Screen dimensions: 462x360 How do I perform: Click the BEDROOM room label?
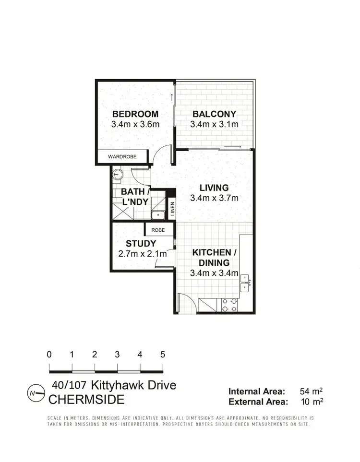pos(135,114)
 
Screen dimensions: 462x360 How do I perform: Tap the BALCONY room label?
pos(214,114)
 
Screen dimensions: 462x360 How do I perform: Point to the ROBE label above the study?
pos(158,230)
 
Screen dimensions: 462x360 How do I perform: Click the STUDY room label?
pos(141,243)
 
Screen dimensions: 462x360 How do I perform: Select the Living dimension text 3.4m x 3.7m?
pos(215,198)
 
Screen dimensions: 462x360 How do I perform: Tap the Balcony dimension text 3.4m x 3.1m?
pos(214,125)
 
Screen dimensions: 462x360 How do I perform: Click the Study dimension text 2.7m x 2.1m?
pos(143,254)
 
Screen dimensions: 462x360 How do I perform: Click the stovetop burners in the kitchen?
pos(228,304)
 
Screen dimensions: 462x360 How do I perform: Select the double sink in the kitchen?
pos(245,283)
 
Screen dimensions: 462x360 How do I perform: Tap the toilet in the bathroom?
pos(117,174)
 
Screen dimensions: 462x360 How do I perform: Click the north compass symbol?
pos(32,393)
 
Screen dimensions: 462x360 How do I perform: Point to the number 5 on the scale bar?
pos(163,355)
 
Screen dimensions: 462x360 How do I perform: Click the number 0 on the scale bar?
pos(49,355)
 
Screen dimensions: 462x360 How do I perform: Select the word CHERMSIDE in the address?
pos(86,399)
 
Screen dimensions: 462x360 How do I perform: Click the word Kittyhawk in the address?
pos(114,385)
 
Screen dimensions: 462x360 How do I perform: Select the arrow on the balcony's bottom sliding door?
pos(234,147)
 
